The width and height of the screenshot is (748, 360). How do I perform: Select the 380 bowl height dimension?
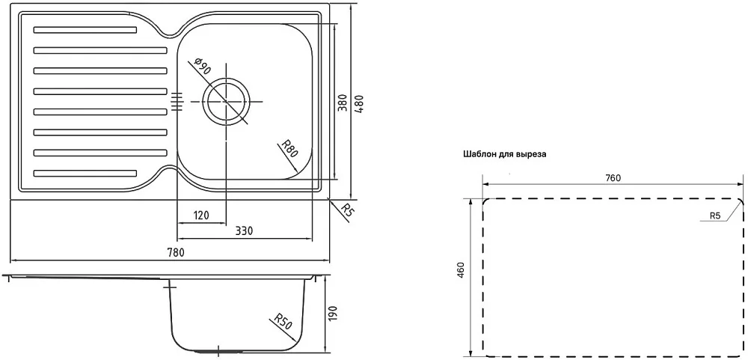342,102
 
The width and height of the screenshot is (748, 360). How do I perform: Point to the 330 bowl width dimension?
244,231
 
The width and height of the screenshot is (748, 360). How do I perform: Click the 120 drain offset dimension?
201,216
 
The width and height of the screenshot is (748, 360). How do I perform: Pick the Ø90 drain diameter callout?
202,67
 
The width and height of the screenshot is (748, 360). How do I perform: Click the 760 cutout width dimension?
613,178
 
